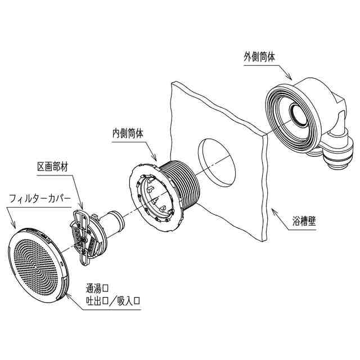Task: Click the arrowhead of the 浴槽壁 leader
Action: click(x=271, y=209)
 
